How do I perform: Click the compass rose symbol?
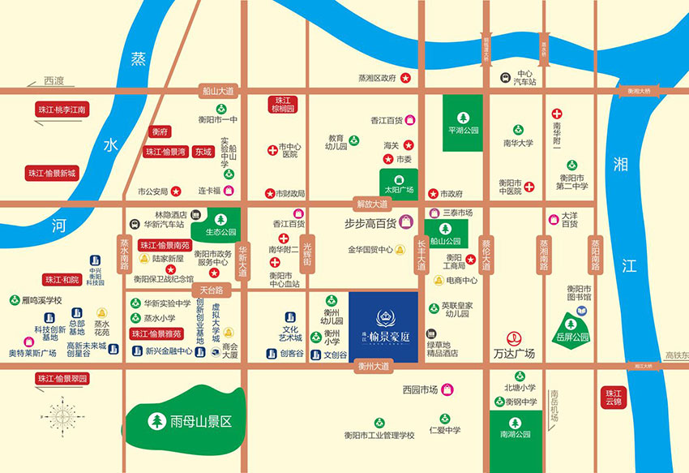point(62,416)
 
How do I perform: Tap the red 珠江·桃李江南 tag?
point(62,109)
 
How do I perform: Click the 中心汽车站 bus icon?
point(504,78)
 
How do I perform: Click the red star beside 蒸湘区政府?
point(406,78)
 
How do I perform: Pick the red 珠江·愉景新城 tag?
point(51,173)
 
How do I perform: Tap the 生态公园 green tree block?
point(220,223)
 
